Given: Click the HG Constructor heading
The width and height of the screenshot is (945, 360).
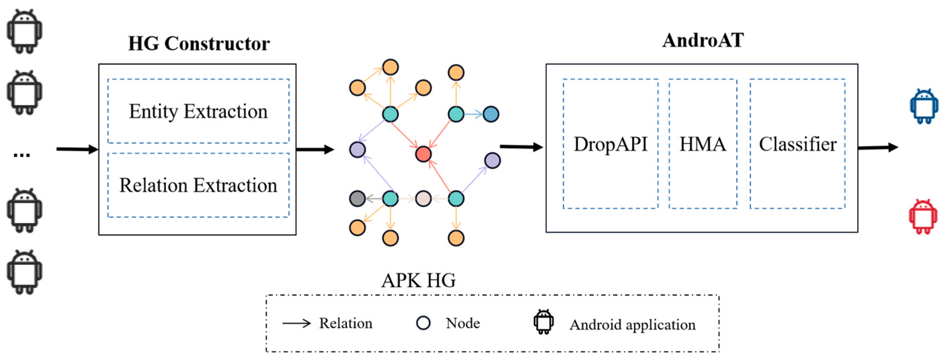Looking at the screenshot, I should click(x=199, y=44).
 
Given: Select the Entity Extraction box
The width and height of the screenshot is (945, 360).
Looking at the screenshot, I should click(x=198, y=111).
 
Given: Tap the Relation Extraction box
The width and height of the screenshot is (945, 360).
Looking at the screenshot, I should click(x=198, y=185).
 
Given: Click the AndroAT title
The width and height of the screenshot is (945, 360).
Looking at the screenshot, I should click(x=703, y=40).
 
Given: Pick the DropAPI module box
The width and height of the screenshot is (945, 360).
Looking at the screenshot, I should click(x=610, y=144).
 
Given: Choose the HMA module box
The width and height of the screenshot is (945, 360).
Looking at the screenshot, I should click(x=703, y=144).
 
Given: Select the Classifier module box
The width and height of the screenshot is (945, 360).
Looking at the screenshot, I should click(x=797, y=144).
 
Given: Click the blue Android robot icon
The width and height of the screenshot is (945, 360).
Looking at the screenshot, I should click(x=924, y=106).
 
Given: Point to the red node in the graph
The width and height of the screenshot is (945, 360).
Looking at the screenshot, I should click(x=423, y=154).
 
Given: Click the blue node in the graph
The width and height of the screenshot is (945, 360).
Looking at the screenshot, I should click(x=490, y=114).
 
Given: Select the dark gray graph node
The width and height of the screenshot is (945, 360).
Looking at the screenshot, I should click(x=357, y=199).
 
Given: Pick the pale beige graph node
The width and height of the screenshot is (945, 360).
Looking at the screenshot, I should click(x=423, y=199).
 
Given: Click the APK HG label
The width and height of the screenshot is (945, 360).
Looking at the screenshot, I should click(x=418, y=281).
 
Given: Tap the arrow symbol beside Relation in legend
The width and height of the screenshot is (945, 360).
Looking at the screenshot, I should click(x=297, y=323).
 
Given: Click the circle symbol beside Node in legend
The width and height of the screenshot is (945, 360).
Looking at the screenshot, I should click(x=423, y=323).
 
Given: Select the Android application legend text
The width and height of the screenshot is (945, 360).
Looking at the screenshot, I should click(x=632, y=325).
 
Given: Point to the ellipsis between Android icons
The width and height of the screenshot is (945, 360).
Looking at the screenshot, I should click(x=22, y=155).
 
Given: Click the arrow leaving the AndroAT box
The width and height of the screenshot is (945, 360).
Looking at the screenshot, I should click(x=878, y=147).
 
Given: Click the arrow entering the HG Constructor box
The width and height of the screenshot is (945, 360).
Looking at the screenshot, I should click(x=77, y=149).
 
